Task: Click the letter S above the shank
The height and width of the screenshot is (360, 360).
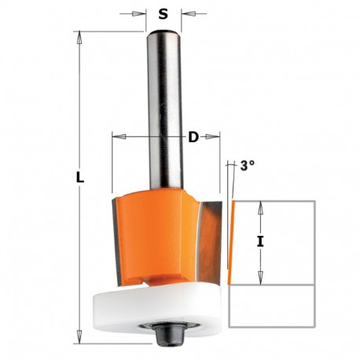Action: click(x=163, y=13)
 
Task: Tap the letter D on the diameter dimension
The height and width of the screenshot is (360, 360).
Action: click(x=193, y=138)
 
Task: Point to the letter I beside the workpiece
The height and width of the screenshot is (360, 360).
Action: click(x=260, y=242)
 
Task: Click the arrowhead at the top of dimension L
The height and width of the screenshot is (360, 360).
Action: click(x=80, y=36)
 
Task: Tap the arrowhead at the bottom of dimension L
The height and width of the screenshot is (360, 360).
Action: click(x=80, y=340)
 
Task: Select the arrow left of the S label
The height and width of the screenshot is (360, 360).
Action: click(x=143, y=13)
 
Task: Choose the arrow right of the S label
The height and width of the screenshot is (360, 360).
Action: click(x=186, y=13)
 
